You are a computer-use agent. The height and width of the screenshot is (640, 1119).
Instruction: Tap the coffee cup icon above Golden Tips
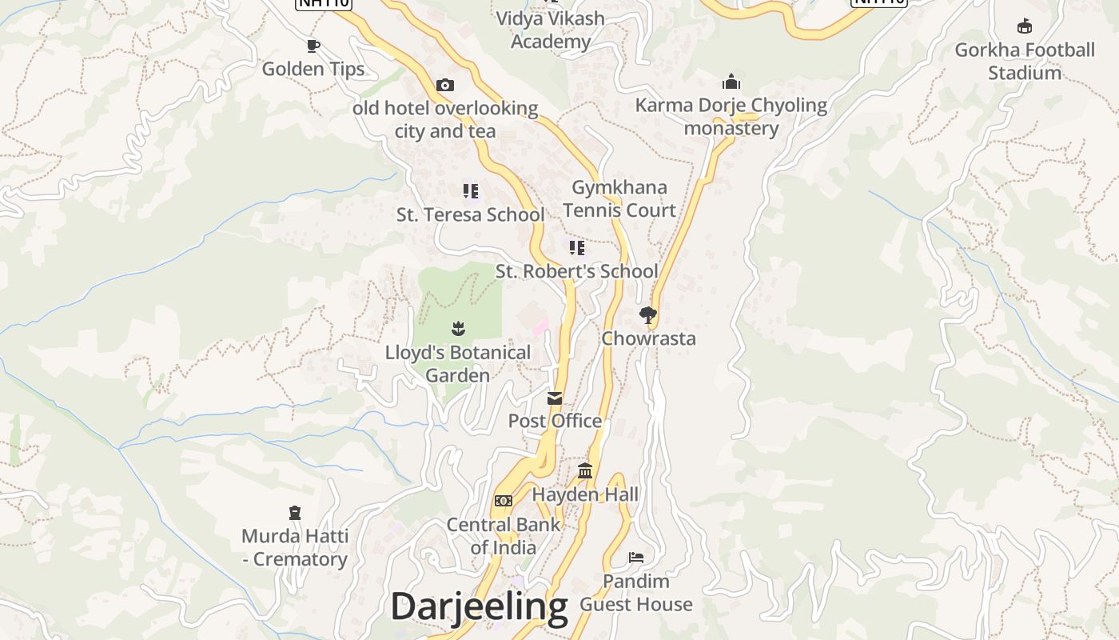313,46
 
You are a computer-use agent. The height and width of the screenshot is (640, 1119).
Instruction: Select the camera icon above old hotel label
445,85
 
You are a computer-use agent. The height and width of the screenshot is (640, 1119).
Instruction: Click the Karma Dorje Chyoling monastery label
731,117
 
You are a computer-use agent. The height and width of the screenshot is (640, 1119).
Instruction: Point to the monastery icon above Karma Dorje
731,82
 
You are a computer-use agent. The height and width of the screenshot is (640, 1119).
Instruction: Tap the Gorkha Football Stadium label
1024,61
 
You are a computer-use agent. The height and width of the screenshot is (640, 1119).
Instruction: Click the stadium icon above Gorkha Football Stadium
1025,26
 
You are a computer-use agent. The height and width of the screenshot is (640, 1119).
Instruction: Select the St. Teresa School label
470,214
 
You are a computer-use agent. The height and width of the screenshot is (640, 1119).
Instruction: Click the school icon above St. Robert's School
576,247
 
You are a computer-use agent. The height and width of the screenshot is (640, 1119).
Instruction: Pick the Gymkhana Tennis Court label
619,198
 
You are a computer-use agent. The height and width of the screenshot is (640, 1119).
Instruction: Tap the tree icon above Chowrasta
647,315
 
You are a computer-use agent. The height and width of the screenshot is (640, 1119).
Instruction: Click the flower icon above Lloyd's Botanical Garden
458,328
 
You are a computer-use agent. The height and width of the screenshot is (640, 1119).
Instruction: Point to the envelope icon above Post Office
555,398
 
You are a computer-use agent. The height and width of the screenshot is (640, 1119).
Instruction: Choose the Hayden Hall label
585,494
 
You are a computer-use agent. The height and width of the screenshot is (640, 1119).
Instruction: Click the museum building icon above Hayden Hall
585,471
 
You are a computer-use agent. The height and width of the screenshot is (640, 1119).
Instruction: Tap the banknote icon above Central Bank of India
503,501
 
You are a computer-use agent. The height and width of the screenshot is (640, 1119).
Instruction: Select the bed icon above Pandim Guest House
636,557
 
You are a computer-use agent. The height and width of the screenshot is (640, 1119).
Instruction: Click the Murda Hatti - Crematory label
294,547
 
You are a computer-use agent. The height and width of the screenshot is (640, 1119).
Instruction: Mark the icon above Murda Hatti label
295,513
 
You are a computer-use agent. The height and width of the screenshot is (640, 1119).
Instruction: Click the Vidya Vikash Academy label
550,30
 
